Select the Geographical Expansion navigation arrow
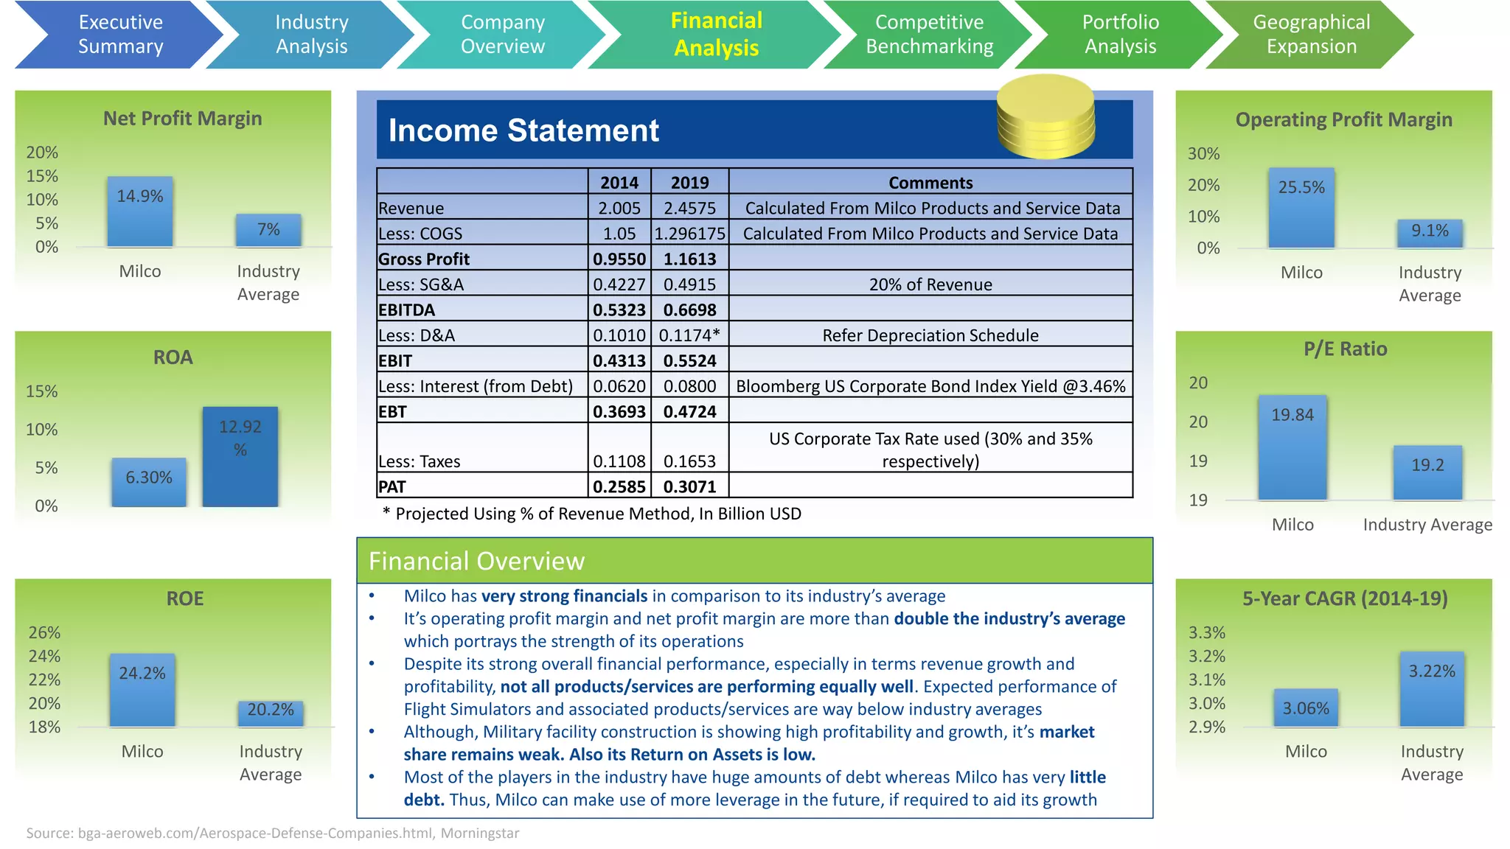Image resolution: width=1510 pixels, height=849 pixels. [x=1311, y=35]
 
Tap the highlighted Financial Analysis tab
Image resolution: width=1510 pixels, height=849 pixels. [x=716, y=35]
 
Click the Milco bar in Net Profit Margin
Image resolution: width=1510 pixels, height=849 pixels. [x=140, y=212]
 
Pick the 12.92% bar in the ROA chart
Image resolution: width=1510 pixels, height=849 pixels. [x=240, y=457]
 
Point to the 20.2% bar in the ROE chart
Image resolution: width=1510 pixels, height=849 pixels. [x=271, y=713]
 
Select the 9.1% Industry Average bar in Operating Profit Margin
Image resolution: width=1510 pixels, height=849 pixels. [x=1430, y=234]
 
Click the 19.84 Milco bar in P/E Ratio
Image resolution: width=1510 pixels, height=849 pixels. [x=1292, y=448]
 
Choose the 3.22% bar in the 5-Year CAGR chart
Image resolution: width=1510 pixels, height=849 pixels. [x=1432, y=690]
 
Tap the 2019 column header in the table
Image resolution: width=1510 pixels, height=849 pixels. [x=689, y=182]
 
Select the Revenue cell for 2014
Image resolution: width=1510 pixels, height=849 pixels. [x=619, y=208]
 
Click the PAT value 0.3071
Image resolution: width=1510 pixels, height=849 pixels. [x=689, y=486]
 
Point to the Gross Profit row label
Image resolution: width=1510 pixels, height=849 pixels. [x=424, y=259]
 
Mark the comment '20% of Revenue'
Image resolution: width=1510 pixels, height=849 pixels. [x=930, y=284]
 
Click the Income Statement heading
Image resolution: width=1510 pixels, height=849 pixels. [x=523, y=130]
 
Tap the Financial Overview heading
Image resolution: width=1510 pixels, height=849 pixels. [x=476, y=562]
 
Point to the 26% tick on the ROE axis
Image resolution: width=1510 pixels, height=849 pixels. [x=44, y=632]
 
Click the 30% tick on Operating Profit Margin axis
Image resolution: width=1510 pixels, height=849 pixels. [x=1203, y=153]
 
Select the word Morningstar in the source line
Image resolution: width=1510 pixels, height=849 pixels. [x=480, y=833]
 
